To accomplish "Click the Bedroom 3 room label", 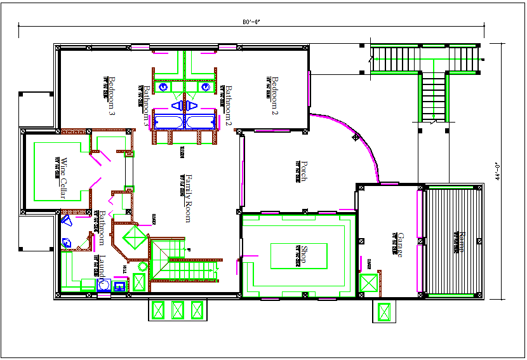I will pyautogui.click(x=111, y=95).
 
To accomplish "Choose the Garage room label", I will pyautogui.click(x=400, y=244).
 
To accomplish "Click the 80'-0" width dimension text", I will pyautogui.click(x=252, y=22).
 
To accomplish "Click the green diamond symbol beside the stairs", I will pyautogui.click(x=135, y=239).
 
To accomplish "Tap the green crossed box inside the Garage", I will pyautogui.click(x=368, y=283).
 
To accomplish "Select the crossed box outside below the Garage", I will pyautogui.click(x=384, y=312).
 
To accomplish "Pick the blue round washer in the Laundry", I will pyautogui.click(x=103, y=286).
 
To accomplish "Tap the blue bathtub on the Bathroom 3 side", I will pyautogui.click(x=167, y=121).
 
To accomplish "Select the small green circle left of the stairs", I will pyautogui.click(x=142, y=267).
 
